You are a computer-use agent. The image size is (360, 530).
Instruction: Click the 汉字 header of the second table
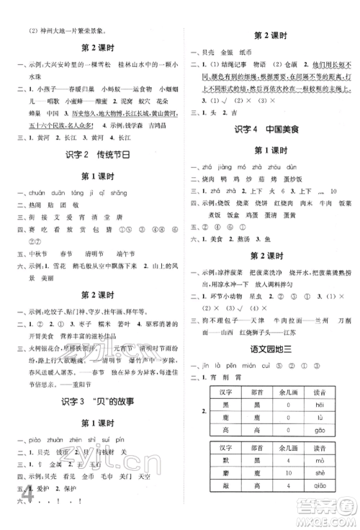pyautogui.click(x=225, y=444)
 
